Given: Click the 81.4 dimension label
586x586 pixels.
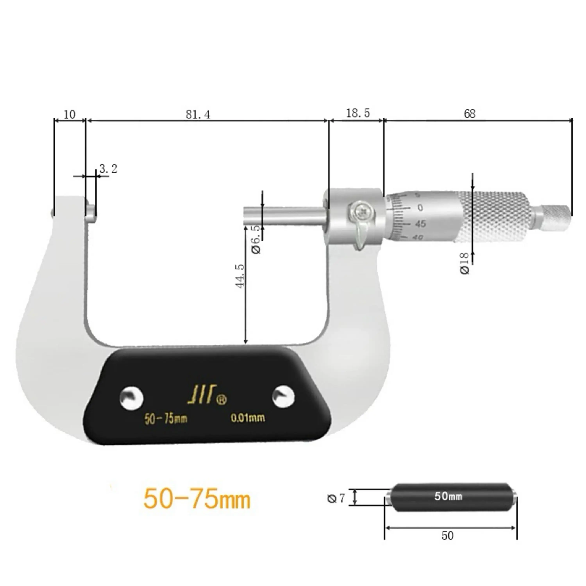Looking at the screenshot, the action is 197,114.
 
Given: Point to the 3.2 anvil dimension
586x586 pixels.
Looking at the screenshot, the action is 108,169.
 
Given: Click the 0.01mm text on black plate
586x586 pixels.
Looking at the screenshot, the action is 247,418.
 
